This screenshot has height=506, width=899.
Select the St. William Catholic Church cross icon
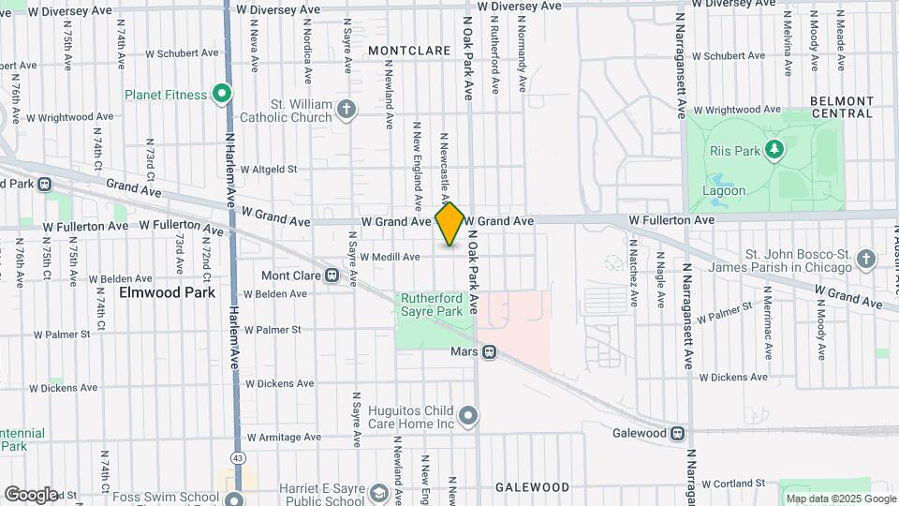(346, 111)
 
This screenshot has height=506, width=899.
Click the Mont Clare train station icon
(332, 275)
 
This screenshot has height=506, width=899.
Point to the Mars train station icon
(489, 352)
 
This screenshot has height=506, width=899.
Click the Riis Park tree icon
(774, 149)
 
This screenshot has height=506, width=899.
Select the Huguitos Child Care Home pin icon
(469, 414)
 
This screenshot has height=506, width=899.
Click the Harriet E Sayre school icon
(378, 493)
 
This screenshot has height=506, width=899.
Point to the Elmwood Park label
(168, 292)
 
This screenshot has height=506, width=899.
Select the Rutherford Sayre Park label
(432, 304)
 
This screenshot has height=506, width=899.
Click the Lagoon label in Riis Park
(724, 190)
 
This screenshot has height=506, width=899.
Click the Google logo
(30, 494)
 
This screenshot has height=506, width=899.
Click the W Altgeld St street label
(268, 170)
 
